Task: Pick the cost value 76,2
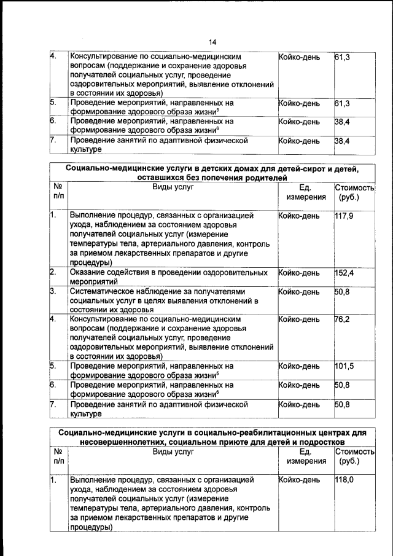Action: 343,319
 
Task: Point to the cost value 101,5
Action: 344,367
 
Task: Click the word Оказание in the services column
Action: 88,272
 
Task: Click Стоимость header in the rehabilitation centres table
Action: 355,452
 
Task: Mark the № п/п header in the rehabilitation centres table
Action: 58,456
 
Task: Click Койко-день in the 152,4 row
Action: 299,272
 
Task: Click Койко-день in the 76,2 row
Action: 299,319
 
